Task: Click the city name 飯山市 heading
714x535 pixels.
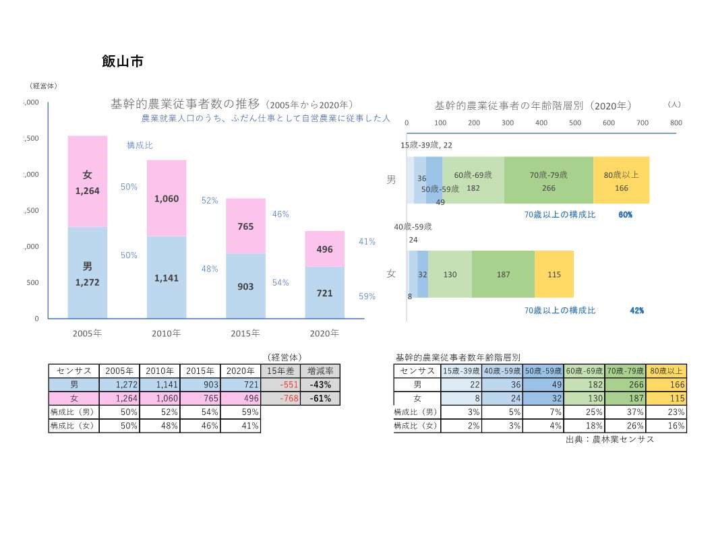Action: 122,61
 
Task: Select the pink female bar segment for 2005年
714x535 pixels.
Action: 88,182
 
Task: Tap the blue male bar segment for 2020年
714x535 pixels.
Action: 324,293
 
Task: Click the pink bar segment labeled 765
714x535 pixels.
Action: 245,226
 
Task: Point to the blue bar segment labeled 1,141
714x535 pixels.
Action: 167,277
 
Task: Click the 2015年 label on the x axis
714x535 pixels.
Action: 245,334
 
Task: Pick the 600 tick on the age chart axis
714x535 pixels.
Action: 609,123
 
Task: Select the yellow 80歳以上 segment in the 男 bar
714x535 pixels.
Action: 621,181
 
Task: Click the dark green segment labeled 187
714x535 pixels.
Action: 503,274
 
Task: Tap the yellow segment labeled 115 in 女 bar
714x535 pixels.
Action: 554,274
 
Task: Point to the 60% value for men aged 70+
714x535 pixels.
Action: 625,214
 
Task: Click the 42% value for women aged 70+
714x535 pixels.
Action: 636,311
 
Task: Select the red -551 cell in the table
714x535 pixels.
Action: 280,385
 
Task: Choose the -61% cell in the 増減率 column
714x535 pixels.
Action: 320,398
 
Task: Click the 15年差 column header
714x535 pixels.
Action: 280,371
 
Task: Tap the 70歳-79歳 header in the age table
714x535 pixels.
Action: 625,371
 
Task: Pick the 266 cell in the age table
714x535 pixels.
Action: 625,385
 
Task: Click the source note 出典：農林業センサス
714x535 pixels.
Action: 610,439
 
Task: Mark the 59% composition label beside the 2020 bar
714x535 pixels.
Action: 367,296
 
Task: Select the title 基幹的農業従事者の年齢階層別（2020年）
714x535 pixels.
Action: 533,105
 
